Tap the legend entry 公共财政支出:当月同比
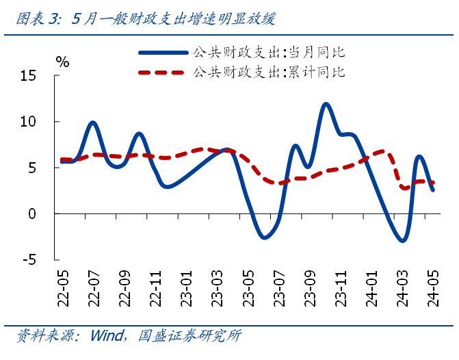[269, 52]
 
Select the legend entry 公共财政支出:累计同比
[269, 71]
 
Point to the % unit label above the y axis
[63, 62]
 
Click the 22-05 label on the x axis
[64, 290]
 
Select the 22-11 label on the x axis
[157, 290]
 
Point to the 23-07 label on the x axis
[280, 290]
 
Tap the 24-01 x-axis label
[373, 290]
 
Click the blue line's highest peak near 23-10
[326, 104]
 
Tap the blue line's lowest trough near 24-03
[403, 240]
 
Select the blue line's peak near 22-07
[93, 123]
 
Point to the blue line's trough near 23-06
[264, 237]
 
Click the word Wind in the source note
[107, 336]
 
